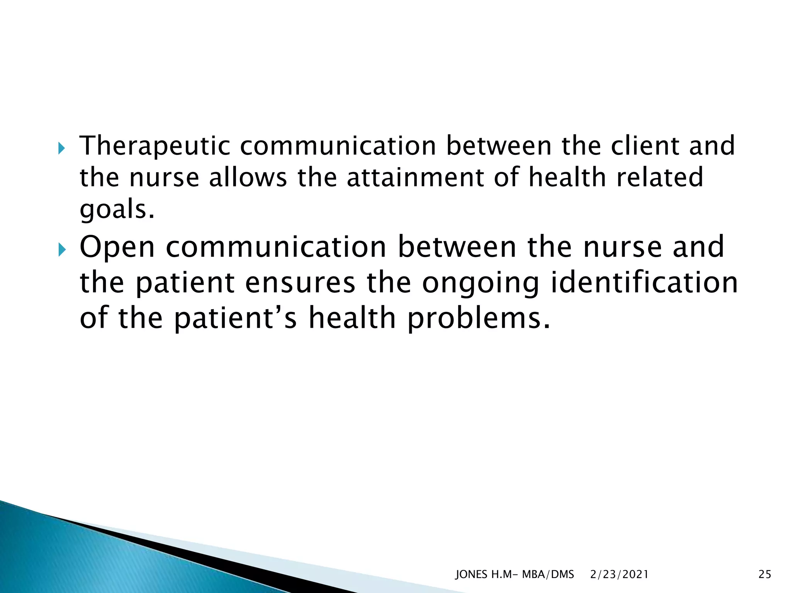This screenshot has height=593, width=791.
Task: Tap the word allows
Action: [x=248, y=178]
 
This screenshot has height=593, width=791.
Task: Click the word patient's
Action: [x=235, y=320]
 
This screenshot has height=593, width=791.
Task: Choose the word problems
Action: [x=479, y=320]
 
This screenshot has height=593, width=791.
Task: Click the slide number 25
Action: [x=765, y=574]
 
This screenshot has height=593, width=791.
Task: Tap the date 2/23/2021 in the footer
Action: [x=619, y=574]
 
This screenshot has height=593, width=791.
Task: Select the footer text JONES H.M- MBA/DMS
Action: [x=514, y=574]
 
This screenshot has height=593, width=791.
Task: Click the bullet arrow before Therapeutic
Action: [x=62, y=148]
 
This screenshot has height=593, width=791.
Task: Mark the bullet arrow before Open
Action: [x=62, y=251]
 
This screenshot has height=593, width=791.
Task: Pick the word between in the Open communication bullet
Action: [x=457, y=247]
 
